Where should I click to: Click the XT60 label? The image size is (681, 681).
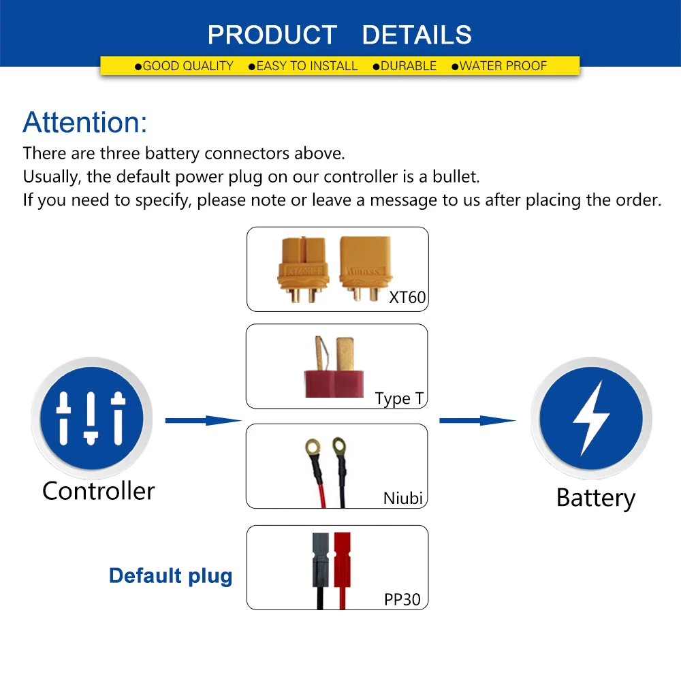407,298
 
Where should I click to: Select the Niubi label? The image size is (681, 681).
403,498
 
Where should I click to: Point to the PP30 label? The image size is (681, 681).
402,600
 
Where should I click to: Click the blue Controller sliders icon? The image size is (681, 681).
91,416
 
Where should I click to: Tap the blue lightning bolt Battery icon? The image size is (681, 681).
590,417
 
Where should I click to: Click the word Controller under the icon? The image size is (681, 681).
99,491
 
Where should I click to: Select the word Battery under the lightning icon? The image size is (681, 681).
595,498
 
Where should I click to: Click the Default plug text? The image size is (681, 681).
170,576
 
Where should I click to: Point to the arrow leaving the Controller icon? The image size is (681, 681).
203,421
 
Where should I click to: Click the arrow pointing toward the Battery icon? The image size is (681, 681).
477,421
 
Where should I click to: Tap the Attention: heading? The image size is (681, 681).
84,123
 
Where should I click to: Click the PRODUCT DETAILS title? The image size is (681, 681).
339,35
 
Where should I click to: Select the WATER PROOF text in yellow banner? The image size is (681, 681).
503,66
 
